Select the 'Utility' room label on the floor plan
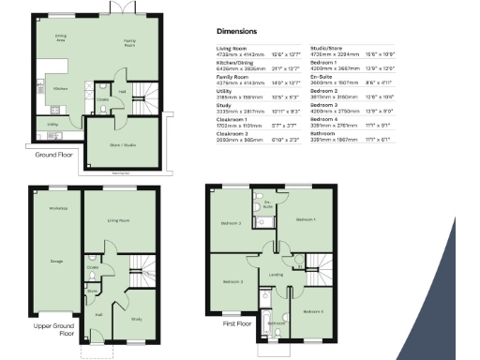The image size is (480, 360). click(x=53, y=123)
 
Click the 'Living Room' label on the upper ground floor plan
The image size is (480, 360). click(x=118, y=221)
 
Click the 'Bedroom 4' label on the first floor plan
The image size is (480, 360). click(x=315, y=310)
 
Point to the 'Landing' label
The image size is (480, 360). click(x=277, y=274)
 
